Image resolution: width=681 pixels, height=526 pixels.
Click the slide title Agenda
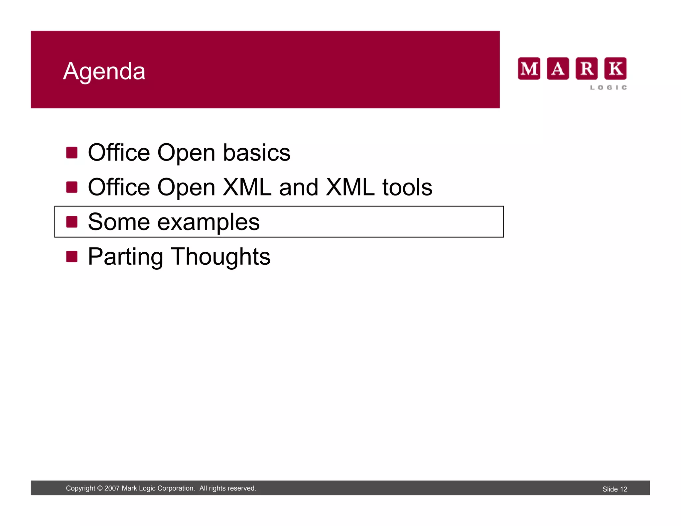point(104,71)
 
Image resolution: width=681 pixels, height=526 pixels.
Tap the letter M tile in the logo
point(529,69)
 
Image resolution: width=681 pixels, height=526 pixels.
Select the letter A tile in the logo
point(558,69)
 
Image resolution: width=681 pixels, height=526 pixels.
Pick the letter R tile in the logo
point(587,69)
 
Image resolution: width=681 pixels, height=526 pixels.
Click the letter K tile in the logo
point(615,69)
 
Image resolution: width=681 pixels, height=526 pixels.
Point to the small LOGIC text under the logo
point(609,87)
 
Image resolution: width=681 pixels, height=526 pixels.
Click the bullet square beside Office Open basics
point(72,153)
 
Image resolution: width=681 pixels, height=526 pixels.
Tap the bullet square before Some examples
point(72,222)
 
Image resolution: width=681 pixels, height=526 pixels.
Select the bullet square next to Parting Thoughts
point(72,256)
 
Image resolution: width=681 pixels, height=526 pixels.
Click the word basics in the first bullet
point(256,153)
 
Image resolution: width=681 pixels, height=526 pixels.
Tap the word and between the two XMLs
point(299,187)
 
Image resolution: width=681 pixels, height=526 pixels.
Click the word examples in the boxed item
point(208,222)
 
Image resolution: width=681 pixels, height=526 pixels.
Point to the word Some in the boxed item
point(119,222)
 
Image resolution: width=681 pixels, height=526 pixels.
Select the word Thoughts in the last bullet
point(221,257)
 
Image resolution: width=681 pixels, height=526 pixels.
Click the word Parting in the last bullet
point(125,257)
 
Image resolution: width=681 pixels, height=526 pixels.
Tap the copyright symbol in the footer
point(100,488)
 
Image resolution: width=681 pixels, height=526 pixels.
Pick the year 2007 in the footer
point(112,488)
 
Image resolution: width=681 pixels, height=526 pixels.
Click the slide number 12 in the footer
point(623,489)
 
